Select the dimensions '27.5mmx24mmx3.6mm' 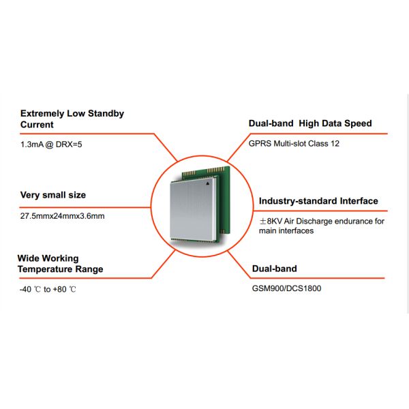coord(63,216)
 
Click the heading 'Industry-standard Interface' coord(318,201)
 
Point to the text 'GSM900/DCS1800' coord(286,288)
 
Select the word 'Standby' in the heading coord(107,114)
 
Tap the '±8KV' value coord(271,222)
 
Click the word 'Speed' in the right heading coord(358,123)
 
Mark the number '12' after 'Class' coord(335,143)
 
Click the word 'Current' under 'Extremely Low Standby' coord(37,125)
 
